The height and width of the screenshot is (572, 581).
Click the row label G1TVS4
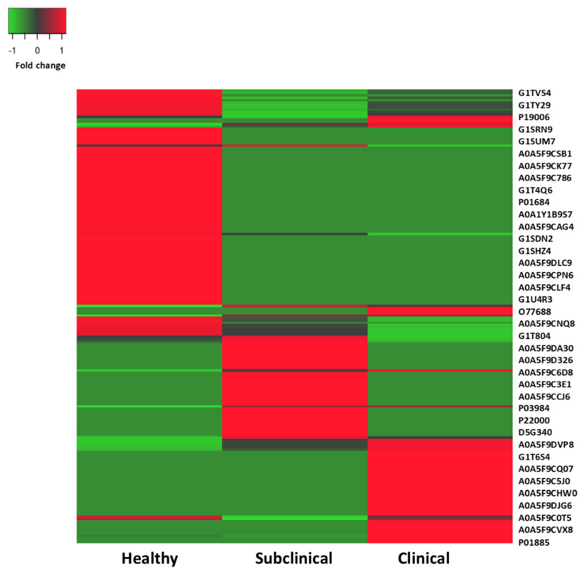point(534,93)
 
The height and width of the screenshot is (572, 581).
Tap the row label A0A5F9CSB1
point(545,154)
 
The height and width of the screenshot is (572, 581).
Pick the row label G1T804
point(534,336)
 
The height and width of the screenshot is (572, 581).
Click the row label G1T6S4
point(534,457)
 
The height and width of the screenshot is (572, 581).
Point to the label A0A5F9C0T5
point(545,518)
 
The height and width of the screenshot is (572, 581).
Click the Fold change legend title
point(40,65)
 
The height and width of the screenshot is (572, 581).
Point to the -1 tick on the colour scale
point(12,51)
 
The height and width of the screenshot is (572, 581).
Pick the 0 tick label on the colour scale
point(37,51)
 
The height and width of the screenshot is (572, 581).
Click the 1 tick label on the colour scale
point(62,51)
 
